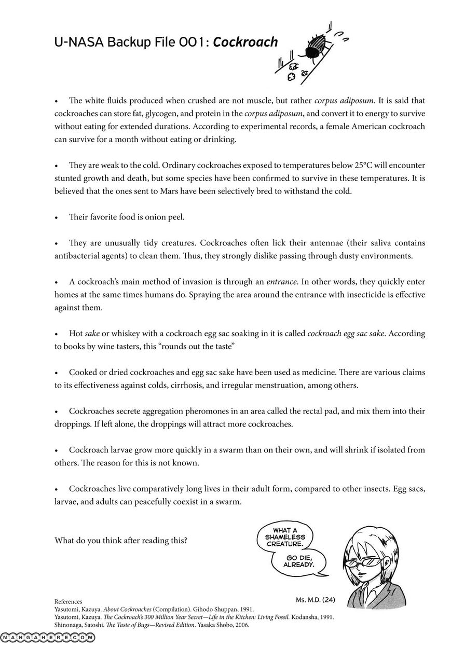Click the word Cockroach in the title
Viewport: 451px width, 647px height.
(x=245, y=43)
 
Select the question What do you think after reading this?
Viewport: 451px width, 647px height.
(x=121, y=540)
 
